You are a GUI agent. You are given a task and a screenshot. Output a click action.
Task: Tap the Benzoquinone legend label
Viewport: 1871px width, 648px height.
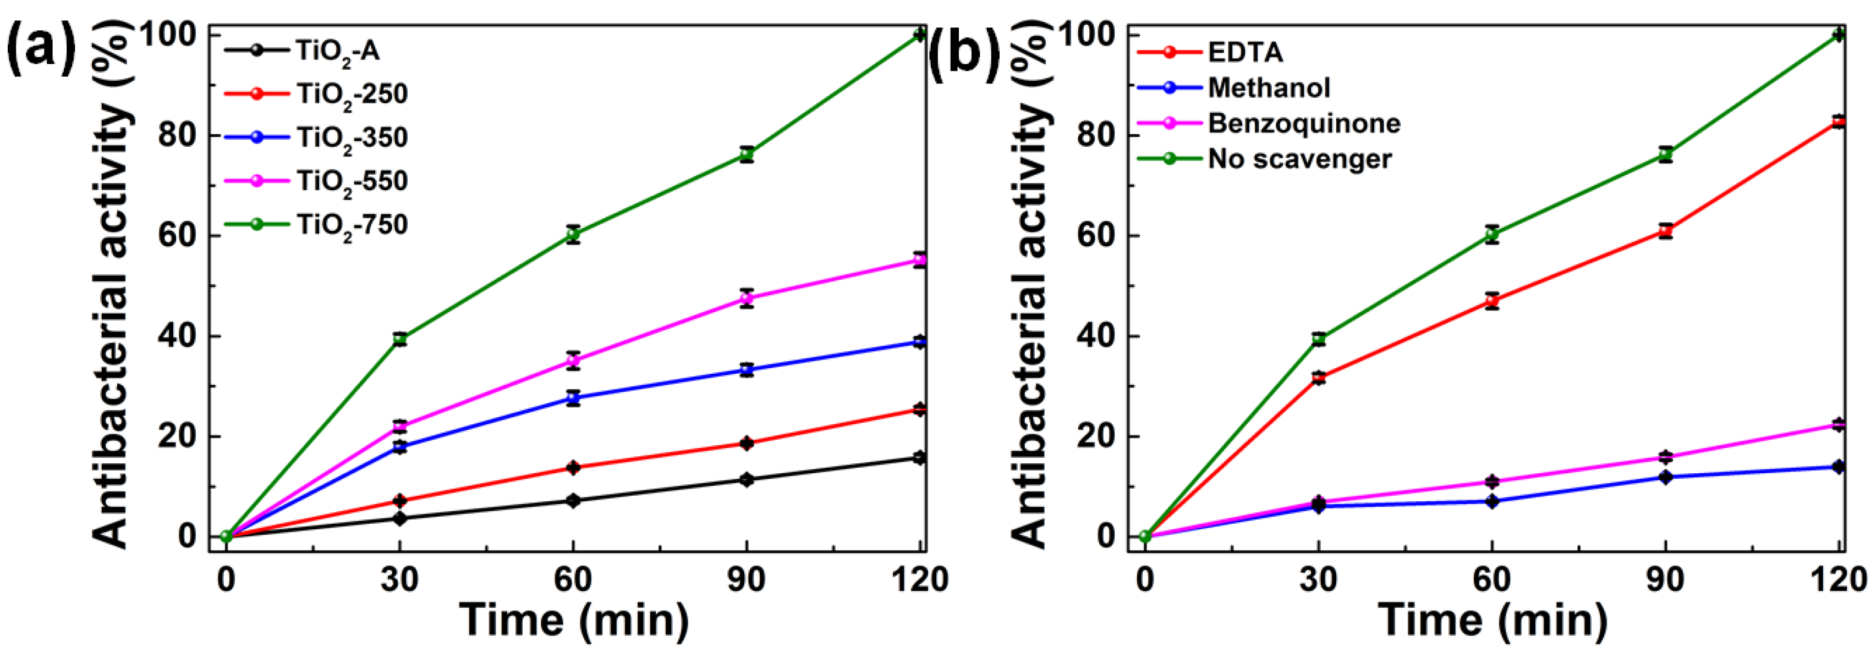(x=1304, y=123)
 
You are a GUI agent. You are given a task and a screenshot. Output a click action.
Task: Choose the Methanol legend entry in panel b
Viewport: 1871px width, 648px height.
(x=1269, y=88)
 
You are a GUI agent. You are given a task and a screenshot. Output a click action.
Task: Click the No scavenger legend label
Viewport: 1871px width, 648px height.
(x=1299, y=159)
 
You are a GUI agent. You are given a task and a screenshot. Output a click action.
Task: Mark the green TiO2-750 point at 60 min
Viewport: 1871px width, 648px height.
(x=574, y=234)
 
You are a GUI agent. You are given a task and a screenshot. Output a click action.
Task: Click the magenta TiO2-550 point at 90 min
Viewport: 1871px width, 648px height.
(x=747, y=298)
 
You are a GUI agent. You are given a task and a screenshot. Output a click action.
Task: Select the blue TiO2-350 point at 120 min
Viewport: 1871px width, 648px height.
(x=919, y=342)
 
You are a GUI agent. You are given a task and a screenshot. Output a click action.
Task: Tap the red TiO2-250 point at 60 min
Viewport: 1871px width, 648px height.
(x=574, y=467)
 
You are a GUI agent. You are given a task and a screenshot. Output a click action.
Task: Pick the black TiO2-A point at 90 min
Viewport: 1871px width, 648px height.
(x=747, y=480)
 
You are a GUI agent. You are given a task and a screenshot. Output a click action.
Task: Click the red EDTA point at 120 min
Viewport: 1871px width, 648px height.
(x=1839, y=122)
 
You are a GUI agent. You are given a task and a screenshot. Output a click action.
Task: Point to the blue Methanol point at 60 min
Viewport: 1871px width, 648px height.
(x=1493, y=501)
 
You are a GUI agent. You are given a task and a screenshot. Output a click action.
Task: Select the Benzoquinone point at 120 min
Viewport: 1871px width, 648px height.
(x=1839, y=424)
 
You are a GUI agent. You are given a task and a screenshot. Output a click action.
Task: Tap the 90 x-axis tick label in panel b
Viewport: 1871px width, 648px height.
(x=1665, y=579)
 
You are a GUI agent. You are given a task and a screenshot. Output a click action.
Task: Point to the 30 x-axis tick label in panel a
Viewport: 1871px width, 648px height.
(x=399, y=579)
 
